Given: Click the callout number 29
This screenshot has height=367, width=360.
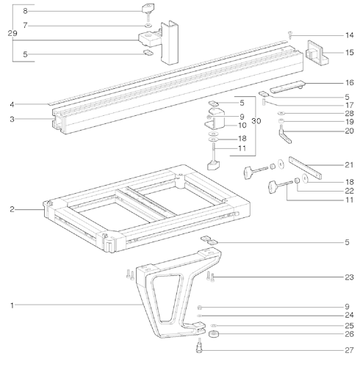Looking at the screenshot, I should coord(10,34).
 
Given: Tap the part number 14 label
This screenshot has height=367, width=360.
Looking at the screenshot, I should coord(349,36).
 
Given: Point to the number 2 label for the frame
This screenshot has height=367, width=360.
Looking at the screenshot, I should coord(12,209).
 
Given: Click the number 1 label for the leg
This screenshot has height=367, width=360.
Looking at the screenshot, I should coord(12,303).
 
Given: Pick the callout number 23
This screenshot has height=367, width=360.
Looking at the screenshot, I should coord(349,277).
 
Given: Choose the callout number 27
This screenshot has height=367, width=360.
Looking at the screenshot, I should coord(349,349).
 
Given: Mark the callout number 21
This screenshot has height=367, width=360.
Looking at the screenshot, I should coord(349,164).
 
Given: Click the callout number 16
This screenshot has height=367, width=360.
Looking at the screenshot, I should coord(349,82).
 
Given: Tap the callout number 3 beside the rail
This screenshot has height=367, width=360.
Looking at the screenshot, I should coord(12,118).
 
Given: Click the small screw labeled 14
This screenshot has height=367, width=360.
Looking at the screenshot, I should coord(290,34).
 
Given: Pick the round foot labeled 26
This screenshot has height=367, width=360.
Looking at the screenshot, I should coord(215,336).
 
